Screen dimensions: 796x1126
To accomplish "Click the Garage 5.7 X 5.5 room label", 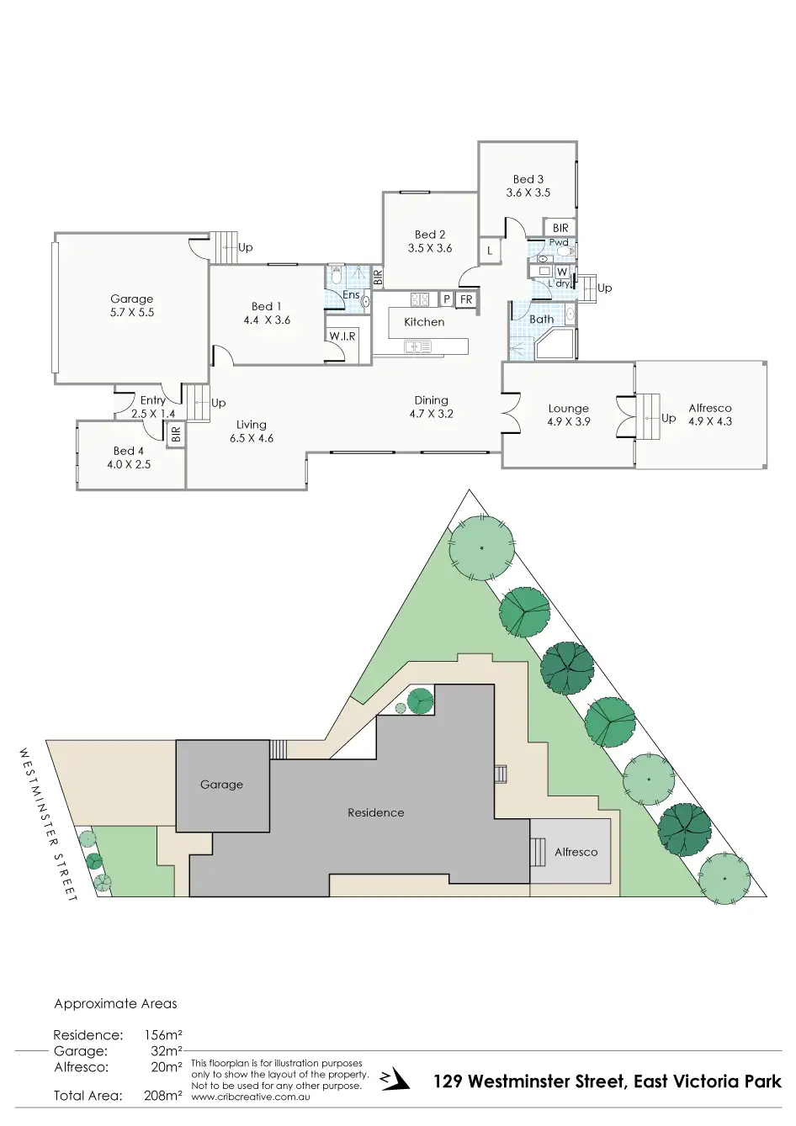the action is click(132, 305).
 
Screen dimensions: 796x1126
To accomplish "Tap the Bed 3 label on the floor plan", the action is click(528, 186).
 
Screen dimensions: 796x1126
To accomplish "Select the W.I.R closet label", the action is click(342, 336).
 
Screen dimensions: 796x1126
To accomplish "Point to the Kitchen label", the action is click(424, 322).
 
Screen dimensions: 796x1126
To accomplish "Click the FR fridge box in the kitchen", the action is click(466, 299).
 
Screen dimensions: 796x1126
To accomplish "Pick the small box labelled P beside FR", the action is click(446, 299).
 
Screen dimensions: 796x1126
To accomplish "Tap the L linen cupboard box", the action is click(490, 251).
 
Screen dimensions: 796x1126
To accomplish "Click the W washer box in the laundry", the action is click(561, 272).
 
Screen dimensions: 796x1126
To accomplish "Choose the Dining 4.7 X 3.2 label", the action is click(431, 407).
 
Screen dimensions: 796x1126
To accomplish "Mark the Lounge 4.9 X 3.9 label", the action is click(568, 415).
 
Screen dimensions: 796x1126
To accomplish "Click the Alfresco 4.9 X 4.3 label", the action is click(710, 415).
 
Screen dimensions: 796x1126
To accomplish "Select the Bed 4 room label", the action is click(129, 457).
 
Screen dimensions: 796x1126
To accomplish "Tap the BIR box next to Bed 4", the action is click(176, 435).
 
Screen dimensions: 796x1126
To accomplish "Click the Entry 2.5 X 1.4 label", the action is click(153, 407).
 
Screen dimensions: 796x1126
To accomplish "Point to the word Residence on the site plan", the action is click(376, 813).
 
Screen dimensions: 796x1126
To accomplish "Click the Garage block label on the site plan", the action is click(221, 785).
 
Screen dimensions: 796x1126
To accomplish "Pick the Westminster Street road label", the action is click(47, 824).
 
